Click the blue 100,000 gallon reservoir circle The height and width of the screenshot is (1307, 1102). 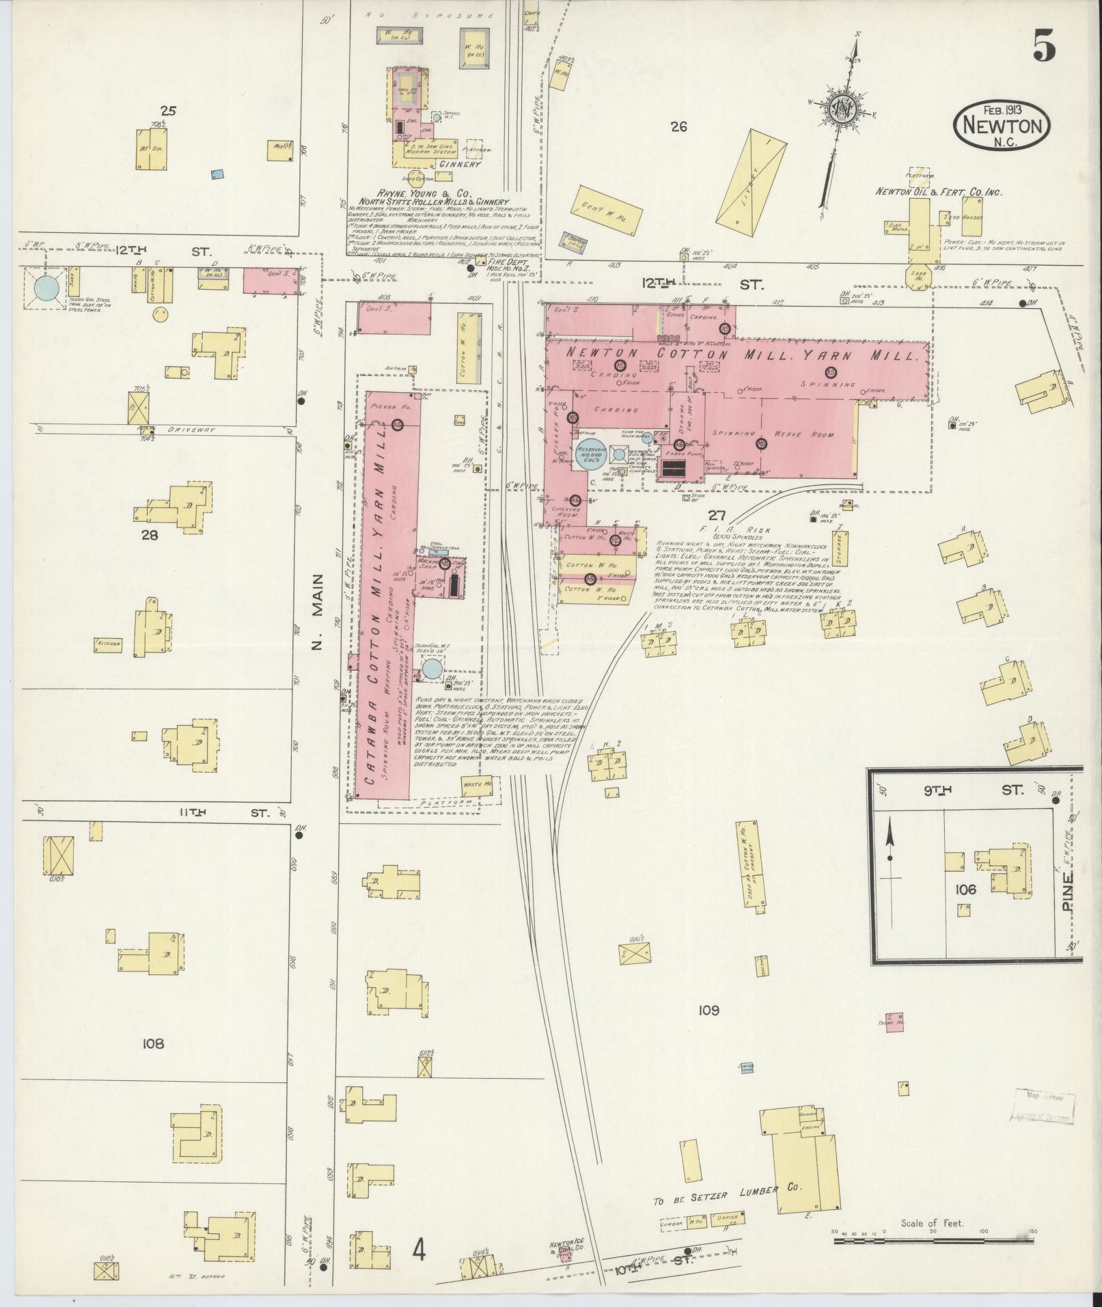pyautogui.click(x=588, y=456)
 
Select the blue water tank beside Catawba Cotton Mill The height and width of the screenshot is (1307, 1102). pyautogui.click(x=431, y=669)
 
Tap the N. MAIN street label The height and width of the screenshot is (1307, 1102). pyautogui.click(x=318, y=614)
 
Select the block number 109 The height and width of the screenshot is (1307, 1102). pyautogui.click(x=708, y=1010)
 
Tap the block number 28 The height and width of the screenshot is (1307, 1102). pyautogui.click(x=149, y=535)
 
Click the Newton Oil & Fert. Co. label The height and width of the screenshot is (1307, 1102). pyautogui.click(x=939, y=193)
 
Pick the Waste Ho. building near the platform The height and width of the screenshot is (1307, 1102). pyautogui.click(x=477, y=784)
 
